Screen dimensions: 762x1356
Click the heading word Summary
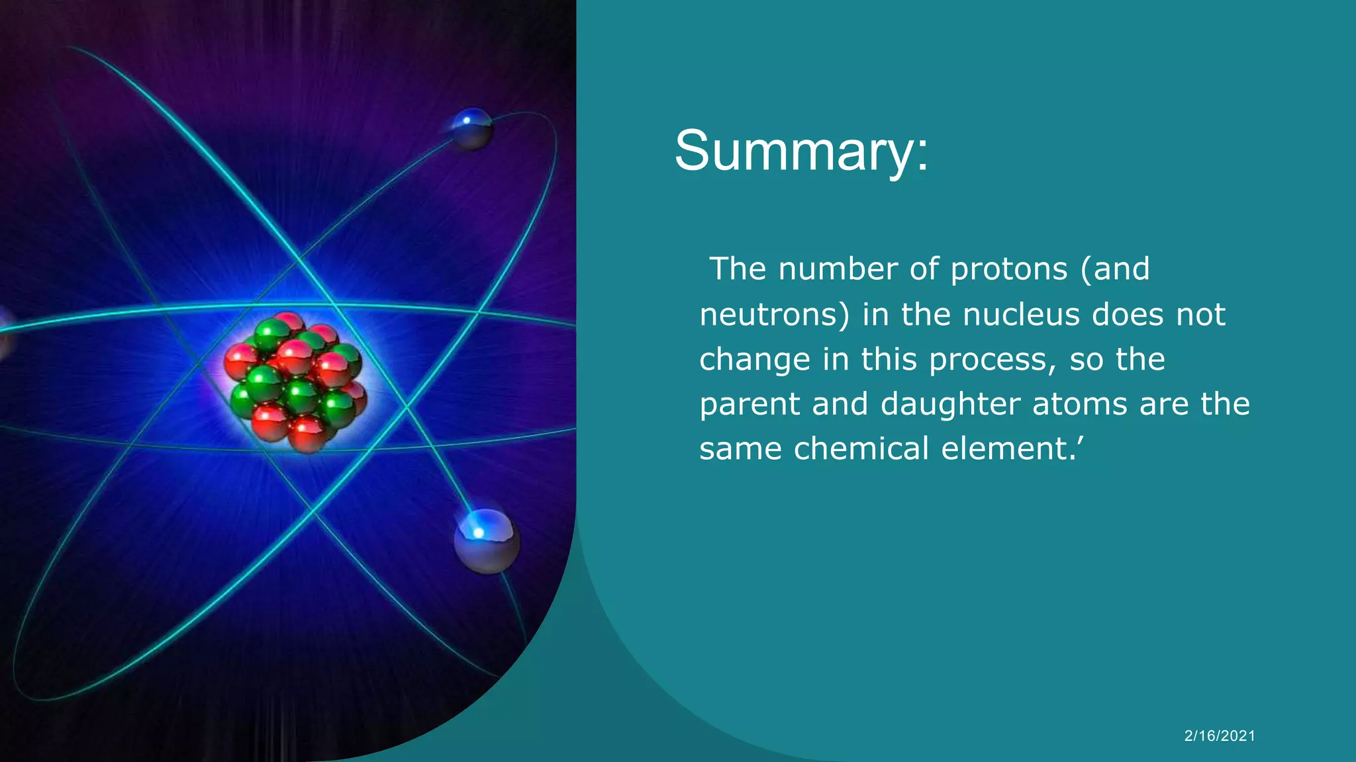801,151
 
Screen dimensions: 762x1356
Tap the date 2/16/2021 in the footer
1220,736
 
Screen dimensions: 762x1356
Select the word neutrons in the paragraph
774,315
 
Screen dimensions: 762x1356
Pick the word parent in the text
750,404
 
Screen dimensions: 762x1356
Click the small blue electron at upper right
471,128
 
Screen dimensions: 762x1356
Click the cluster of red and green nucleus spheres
295,382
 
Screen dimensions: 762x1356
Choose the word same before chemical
741,449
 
